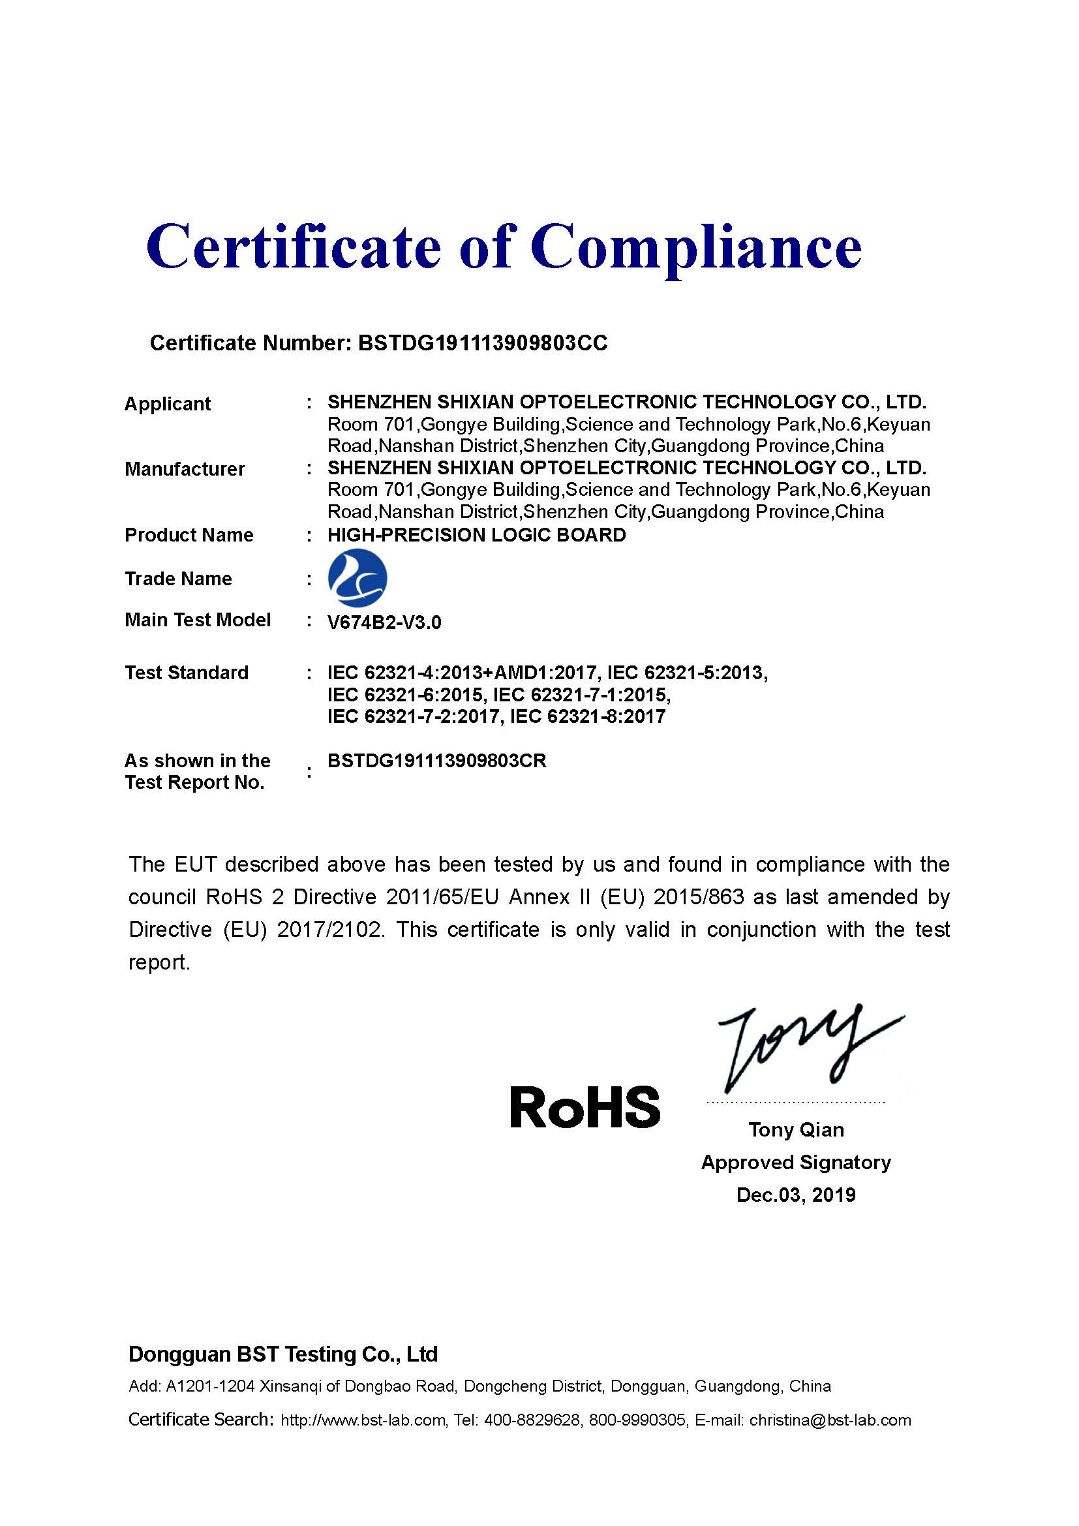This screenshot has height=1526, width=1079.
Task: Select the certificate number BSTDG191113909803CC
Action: pyautogui.click(x=482, y=343)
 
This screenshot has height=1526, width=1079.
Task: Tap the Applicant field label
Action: pyautogui.click(x=168, y=404)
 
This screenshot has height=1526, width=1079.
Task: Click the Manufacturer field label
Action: pyautogui.click(x=185, y=469)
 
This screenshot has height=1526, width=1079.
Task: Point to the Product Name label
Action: pyautogui.click(x=189, y=535)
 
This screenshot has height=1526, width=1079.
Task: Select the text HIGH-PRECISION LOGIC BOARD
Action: pyautogui.click(x=476, y=535)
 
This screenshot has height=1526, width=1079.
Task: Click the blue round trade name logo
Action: pyautogui.click(x=357, y=577)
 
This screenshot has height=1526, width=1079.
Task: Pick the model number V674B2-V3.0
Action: pyautogui.click(x=384, y=623)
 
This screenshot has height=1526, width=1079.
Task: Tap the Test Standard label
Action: pyautogui.click(x=187, y=673)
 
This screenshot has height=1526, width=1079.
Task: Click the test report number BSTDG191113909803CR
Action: pyautogui.click(x=436, y=761)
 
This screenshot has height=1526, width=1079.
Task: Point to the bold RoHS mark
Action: pyautogui.click(x=585, y=1107)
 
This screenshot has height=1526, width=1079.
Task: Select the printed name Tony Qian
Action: pyautogui.click(x=796, y=1130)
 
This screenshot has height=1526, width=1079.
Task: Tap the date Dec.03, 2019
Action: pyautogui.click(x=796, y=1195)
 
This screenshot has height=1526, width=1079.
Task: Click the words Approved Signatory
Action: pyautogui.click(x=796, y=1163)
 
